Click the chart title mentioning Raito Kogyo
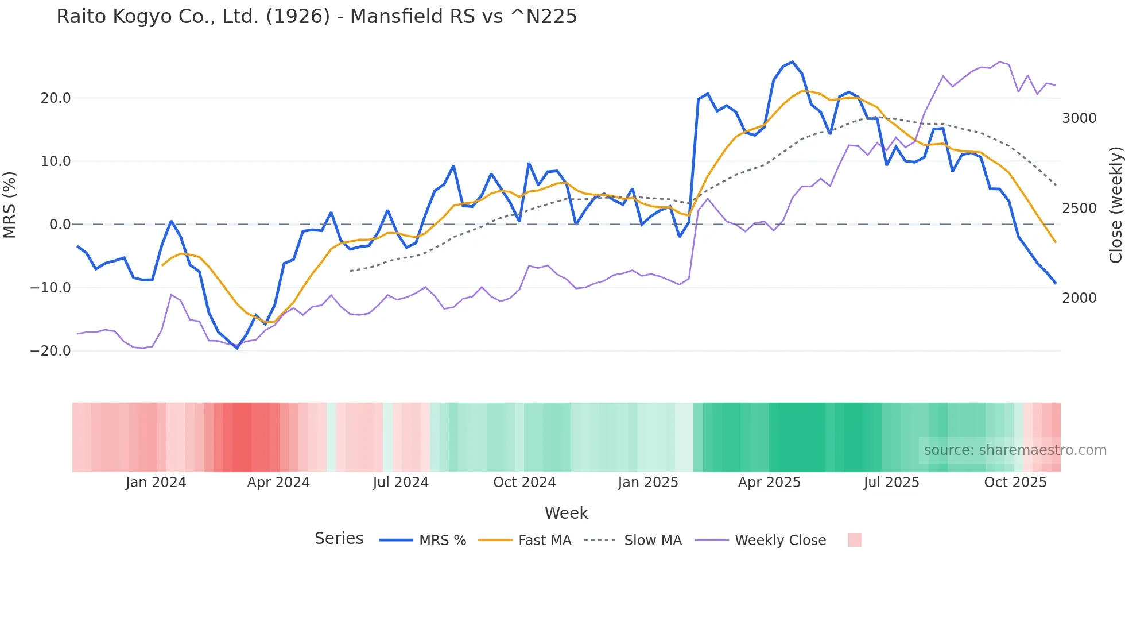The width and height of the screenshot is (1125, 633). (x=316, y=17)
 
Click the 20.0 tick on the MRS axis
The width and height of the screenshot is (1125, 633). (x=56, y=98)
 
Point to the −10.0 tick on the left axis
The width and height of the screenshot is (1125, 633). (x=51, y=288)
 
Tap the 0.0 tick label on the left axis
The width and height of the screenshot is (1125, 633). (x=60, y=225)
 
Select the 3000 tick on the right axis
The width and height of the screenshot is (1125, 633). (x=1079, y=118)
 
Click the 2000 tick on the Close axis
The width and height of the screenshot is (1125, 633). (x=1079, y=298)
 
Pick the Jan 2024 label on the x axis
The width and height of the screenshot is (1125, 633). (x=156, y=483)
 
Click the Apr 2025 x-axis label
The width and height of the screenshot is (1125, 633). (x=769, y=483)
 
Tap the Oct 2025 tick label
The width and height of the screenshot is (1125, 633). (x=1015, y=483)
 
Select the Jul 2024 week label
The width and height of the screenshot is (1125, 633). (x=401, y=483)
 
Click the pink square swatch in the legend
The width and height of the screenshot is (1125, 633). (x=855, y=540)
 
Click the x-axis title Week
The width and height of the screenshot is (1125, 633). (x=566, y=513)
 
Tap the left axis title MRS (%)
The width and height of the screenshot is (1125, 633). (x=9, y=204)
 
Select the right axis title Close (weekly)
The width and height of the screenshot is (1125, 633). (x=1115, y=204)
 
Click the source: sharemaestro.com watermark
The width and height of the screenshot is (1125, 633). (x=1015, y=450)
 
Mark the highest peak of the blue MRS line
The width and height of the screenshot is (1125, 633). (x=793, y=61)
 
